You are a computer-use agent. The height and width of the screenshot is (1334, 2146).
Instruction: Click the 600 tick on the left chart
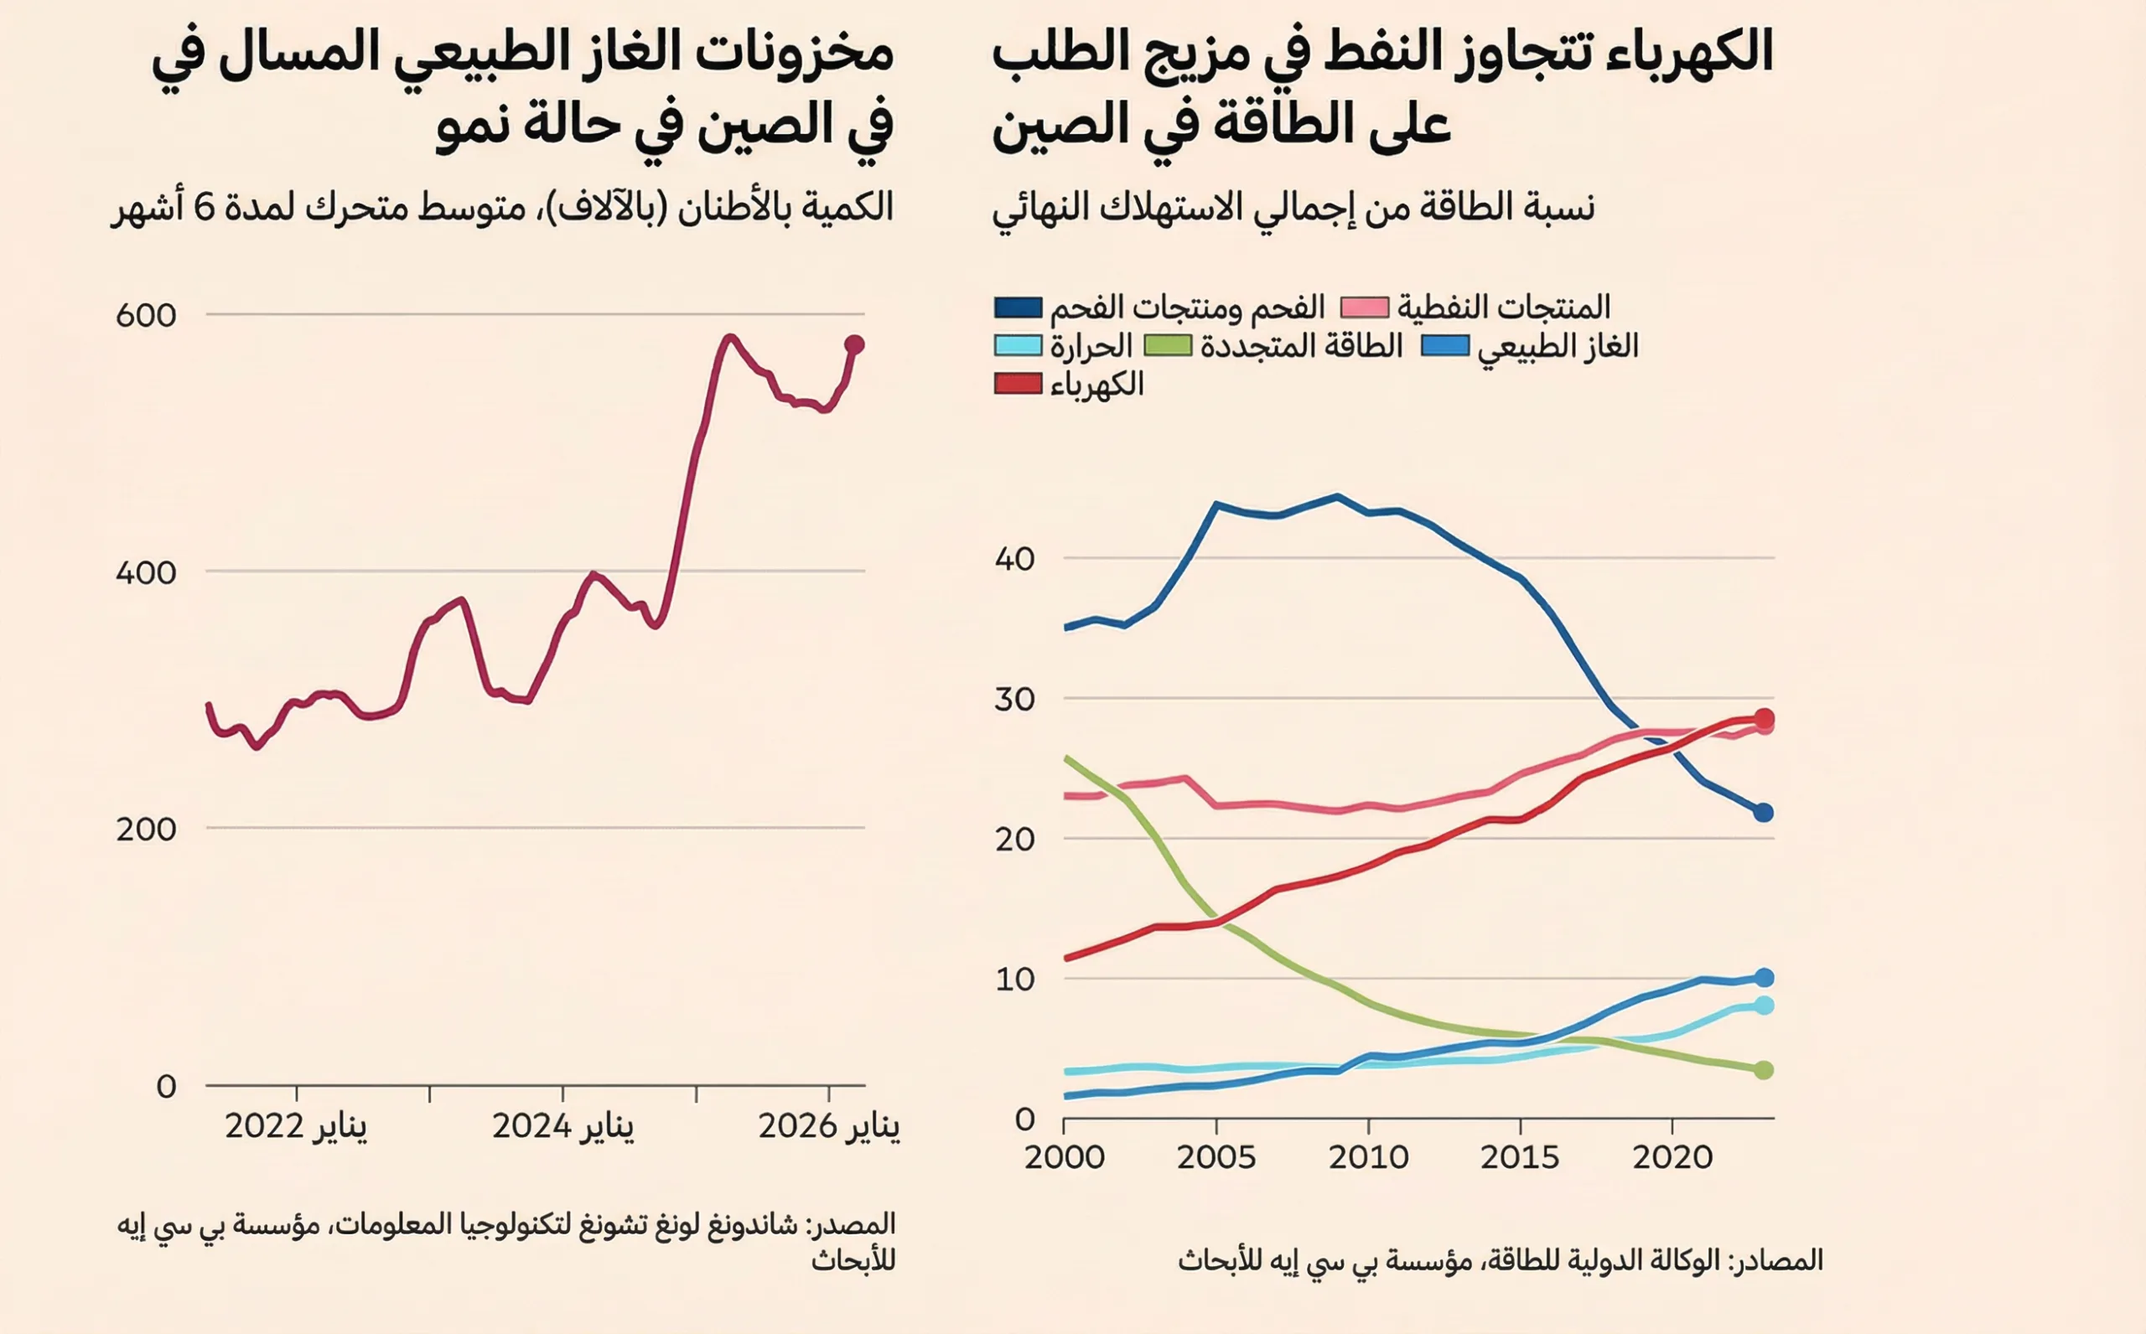point(146,315)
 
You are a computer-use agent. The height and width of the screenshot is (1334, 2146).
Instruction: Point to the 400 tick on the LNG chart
point(146,572)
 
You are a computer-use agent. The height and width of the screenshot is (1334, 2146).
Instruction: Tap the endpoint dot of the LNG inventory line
point(854,345)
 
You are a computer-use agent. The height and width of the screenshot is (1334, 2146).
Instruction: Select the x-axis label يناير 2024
point(563,1127)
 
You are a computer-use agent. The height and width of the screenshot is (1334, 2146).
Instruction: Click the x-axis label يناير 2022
point(296,1127)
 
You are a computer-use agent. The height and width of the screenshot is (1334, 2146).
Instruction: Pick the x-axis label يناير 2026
point(829,1127)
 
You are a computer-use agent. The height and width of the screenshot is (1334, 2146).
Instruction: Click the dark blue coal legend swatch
point(1018,307)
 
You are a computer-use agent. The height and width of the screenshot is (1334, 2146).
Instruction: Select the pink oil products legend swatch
point(1364,307)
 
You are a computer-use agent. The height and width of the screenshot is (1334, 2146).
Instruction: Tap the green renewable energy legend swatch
point(1168,345)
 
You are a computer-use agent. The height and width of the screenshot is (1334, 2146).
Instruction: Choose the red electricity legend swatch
point(1018,384)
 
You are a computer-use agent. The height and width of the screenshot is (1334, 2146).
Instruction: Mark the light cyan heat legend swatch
point(1018,345)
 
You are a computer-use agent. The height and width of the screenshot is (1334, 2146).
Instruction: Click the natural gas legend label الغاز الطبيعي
point(1558,346)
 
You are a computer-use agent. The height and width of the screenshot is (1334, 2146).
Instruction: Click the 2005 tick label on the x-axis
point(1216,1156)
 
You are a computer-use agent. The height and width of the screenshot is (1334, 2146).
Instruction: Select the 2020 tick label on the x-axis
point(1672,1156)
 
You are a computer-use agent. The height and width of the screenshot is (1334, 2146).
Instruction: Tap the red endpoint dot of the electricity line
point(1764,718)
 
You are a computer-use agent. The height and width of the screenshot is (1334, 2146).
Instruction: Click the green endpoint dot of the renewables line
point(1763,1070)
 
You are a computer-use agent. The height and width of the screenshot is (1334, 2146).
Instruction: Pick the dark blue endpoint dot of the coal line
point(1763,813)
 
